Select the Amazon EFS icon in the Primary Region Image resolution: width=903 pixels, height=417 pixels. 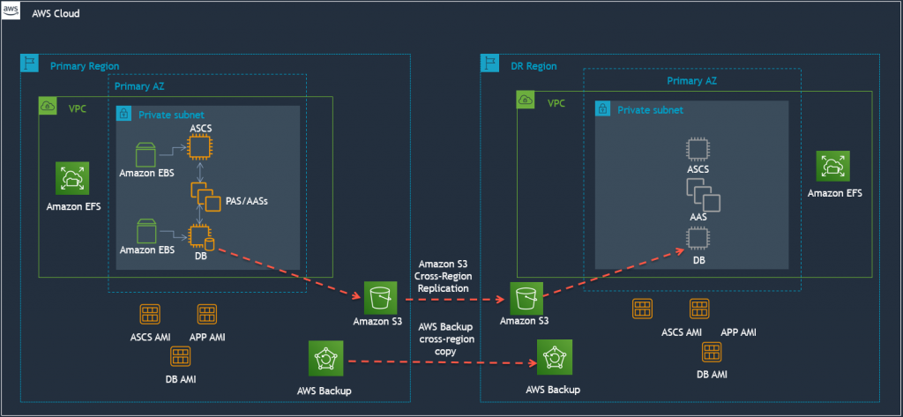pos(71,177)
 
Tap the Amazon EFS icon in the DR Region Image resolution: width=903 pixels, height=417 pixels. pos(833,166)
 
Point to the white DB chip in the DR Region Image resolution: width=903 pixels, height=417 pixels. pos(698,238)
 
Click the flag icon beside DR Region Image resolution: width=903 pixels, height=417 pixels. pos(490,64)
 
